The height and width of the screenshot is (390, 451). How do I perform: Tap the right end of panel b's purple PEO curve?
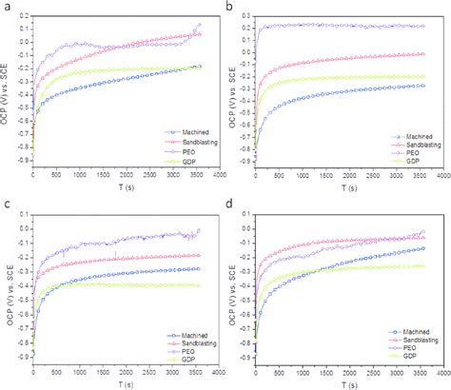pos(423,26)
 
